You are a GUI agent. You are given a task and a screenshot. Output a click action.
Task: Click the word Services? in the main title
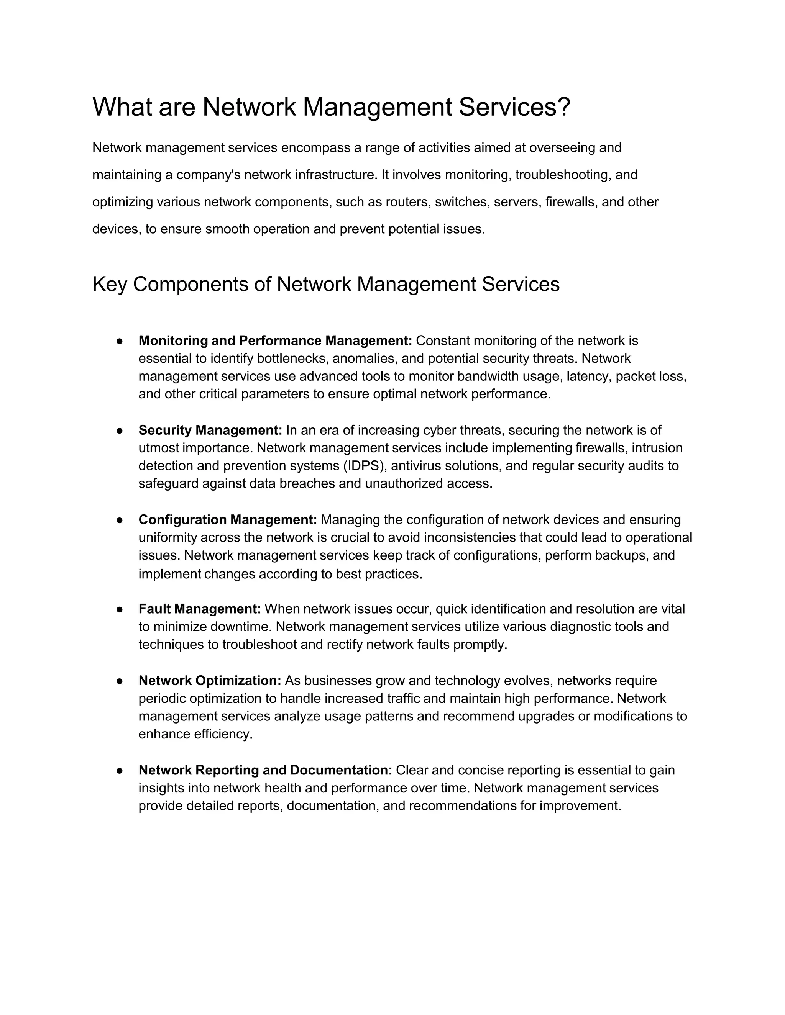514,107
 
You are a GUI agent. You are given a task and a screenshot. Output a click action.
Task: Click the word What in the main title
122,107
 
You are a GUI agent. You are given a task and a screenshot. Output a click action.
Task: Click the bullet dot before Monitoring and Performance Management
120,341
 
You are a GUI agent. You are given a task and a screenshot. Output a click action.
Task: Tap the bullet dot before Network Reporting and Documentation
120,771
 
